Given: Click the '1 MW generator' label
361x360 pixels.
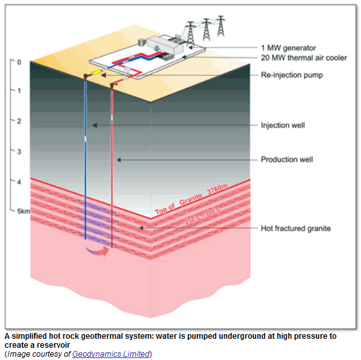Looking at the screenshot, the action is (288, 48).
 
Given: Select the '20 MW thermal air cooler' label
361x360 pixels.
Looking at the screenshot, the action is (304, 57).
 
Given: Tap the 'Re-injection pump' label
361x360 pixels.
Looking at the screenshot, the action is (292, 75).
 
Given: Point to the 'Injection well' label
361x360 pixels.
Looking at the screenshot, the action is (282, 126).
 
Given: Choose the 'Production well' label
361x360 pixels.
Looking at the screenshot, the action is (286, 160).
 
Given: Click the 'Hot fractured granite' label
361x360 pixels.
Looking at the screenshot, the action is (295, 229).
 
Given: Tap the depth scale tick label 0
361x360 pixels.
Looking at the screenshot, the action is (19, 62).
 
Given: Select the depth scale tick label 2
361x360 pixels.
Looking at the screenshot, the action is (19, 121).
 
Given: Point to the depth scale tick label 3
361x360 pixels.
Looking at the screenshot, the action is (19, 151).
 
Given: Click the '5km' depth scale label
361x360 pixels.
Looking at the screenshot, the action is (23, 211).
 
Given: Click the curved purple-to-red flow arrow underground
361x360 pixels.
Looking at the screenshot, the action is (97, 251).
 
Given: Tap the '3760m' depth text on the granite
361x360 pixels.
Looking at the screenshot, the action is (217, 189).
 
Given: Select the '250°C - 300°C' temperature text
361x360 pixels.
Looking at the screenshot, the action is (203, 216).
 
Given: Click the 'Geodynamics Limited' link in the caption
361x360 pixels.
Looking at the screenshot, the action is (111, 354).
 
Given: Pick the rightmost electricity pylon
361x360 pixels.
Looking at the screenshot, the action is (221, 26).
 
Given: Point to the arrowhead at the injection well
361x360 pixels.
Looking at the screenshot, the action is (95, 125).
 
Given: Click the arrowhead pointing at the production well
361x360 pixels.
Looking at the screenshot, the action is (119, 160).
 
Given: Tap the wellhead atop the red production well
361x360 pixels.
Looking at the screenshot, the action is (113, 86).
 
